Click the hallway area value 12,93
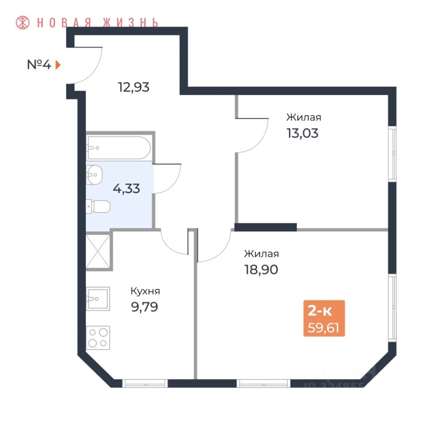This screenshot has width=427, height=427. click(x=133, y=87)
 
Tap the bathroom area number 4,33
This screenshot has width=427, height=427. click(x=126, y=189)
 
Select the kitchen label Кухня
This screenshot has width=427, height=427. click(x=145, y=291)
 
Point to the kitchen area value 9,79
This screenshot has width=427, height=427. click(x=144, y=307)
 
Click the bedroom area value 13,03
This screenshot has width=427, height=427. click(x=303, y=133)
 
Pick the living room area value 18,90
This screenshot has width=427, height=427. click(x=261, y=270)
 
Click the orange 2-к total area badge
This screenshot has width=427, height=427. click(x=324, y=318)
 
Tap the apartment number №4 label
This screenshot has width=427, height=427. click(x=39, y=65)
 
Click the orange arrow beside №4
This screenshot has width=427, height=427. click(x=58, y=65)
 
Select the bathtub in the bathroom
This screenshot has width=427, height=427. click(x=119, y=148)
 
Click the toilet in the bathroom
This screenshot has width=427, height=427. click(x=99, y=206)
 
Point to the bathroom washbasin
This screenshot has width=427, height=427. click(x=94, y=174)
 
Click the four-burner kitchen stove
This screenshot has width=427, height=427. click(x=98, y=337)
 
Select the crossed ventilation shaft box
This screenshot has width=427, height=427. click(x=98, y=251)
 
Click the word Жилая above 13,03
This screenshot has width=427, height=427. click(x=304, y=118)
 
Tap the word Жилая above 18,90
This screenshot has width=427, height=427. click(x=261, y=254)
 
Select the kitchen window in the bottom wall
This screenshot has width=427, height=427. click(x=145, y=383)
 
